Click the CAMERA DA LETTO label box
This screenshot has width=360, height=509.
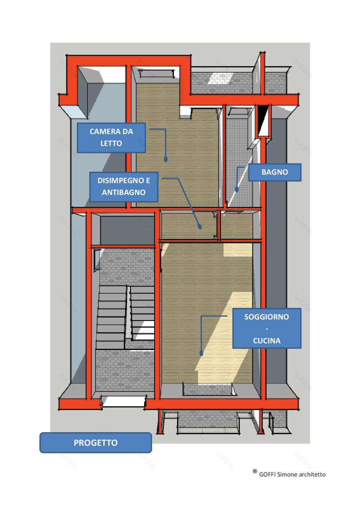(111, 137)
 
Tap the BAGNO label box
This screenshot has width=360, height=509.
(274, 172)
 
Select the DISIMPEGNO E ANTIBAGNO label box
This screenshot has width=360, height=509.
(124, 186)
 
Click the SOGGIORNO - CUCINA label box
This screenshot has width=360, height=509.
(266, 328)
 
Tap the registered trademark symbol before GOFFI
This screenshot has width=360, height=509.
(255, 472)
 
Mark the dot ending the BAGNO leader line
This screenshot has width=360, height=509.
(236, 189)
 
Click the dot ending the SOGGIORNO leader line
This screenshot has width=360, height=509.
(201, 352)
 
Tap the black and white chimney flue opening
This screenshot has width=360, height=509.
(263, 120)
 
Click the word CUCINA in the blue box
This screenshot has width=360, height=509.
(267, 341)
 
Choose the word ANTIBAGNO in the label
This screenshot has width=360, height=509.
(124, 192)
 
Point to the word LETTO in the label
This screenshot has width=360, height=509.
(111, 144)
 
